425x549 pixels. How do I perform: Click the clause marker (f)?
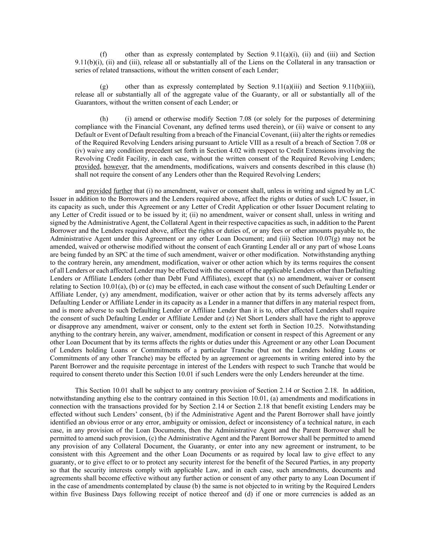(103, 54)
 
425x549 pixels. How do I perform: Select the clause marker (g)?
(104, 86)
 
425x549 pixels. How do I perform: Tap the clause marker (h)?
(104, 119)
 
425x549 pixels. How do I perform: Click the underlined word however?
(116, 167)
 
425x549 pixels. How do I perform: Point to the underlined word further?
(123, 191)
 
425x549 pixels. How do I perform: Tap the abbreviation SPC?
(135, 255)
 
